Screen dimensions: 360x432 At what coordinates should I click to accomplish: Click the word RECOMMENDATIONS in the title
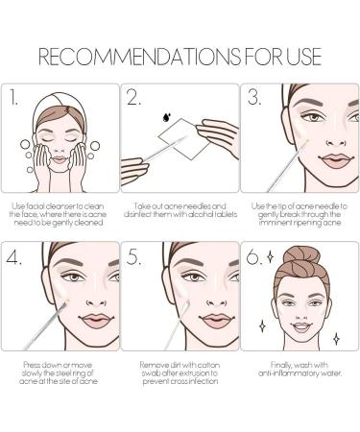[x=139, y=57]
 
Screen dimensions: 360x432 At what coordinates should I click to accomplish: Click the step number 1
[x=12, y=97]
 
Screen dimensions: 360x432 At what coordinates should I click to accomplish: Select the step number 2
[x=133, y=97]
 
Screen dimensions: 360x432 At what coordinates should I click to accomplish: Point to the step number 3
[x=254, y=97]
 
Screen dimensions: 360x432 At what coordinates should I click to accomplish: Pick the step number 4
[x=13, y=256]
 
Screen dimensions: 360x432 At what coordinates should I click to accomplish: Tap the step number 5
[x=133, y=256]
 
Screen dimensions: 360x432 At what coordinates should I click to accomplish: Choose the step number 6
[x=254, y=256]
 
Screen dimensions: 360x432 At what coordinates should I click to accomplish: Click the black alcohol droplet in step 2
[x=167, y=117]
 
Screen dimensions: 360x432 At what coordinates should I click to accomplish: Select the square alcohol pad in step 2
[x=184, y=139]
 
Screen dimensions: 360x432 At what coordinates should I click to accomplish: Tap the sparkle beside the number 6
[x=271, y=256]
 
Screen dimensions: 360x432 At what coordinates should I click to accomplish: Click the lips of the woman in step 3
[x=336, y=160]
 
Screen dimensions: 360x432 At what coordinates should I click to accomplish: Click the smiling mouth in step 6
[x=301, y=327]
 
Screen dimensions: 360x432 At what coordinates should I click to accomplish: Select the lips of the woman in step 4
[x=96, y=321]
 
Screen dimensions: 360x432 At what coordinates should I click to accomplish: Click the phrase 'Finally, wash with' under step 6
[x=300, y=365]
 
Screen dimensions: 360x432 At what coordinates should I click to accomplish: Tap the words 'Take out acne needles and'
[x=180, y=205]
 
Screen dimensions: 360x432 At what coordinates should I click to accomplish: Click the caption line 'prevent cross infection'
[x=180, y=381]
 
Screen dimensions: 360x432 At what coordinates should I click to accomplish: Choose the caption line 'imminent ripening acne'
[x=300, y=223]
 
